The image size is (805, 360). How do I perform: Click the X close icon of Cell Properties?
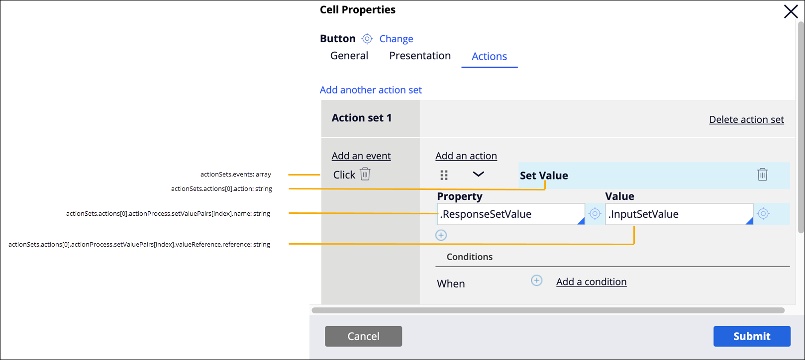(x=791, y=11)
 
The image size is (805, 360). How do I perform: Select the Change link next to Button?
(x=396, y=39)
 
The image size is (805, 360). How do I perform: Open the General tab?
(x=349, y=56)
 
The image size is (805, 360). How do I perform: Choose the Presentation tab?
(x=420, y=56)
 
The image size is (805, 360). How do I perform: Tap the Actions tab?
(x=489, y=57)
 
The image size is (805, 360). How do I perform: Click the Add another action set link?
(x=371, y=90)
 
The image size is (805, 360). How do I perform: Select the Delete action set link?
(x=746, y=119)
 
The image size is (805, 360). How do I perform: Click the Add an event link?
(x=361, y=156)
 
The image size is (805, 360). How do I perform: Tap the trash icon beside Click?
(x=365, y=174)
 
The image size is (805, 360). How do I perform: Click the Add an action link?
(x=466, y=156)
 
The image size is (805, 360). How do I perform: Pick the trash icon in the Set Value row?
(x=762, y=175)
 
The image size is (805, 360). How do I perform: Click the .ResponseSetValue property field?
(x=510, y=214)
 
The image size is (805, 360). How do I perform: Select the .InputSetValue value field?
(x=679, y=214)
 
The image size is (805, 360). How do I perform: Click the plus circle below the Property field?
(x=441, y=235)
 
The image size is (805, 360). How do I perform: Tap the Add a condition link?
(x=591, y=282)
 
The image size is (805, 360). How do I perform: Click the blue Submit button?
(x=752, y=336)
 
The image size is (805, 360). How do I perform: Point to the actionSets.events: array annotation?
(x=236, y=175)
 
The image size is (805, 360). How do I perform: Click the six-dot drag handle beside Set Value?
(x=444, y=175)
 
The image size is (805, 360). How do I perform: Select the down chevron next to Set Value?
(x=478, y=174)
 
